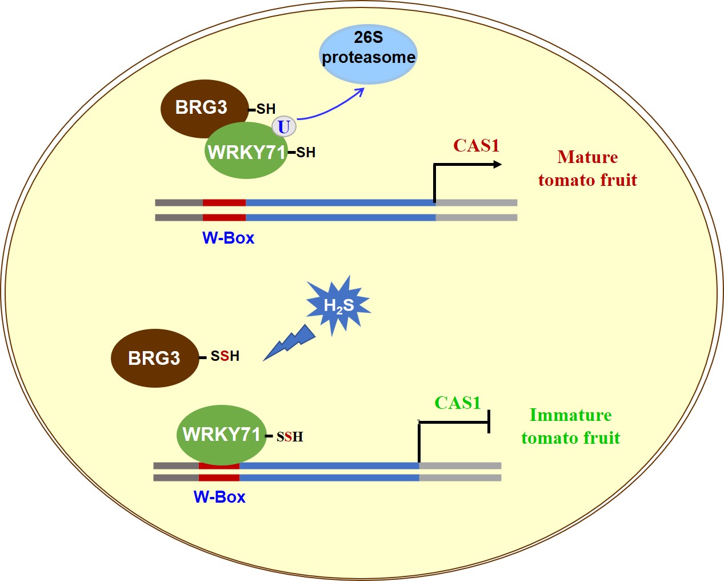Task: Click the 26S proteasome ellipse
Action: click(x=367, y=54)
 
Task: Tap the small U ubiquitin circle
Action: click(x=284, y=126)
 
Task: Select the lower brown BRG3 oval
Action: click(x=154, y=358)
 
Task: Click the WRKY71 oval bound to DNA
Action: click(x=222, y=435)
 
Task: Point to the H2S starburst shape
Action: click(x=338, y=305)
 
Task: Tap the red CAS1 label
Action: click(x=476, y=146)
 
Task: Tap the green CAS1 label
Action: click(x=458, y=403)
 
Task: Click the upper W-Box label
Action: click(x=228, y=238)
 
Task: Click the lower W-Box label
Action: click(x=219, y=497)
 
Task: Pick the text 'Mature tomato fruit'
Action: click(x=587, y=169)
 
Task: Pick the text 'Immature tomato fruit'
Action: click(x=570, y=427)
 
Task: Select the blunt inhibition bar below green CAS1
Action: click(x=489, y=422)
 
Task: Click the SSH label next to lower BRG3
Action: click(x=225, y=356)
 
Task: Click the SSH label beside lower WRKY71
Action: click(x=290, y=437)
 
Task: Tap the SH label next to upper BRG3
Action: click(x=266, y=109)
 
